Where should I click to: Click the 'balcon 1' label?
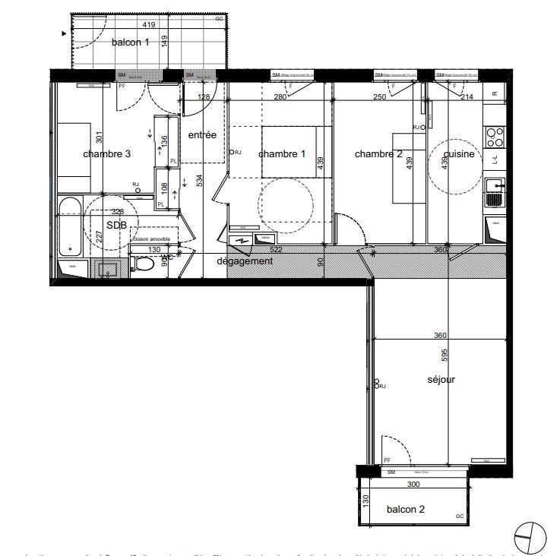[130, 43]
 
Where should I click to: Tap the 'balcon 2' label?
[405, 509]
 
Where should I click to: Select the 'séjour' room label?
[440, 379]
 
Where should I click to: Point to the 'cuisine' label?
[459, 153]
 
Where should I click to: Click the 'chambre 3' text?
[106, 153]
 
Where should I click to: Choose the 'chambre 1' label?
[282, 153]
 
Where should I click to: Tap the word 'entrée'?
[202, 135]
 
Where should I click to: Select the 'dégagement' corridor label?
[244, 261]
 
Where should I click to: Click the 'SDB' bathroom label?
[116, 226]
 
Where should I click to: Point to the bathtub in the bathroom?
[70, 226]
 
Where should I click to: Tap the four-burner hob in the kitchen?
[494, 137]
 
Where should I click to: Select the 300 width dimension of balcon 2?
[413, 484]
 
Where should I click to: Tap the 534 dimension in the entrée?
[200, 180]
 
